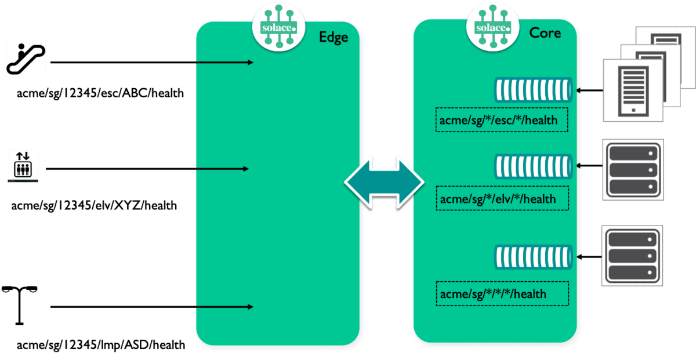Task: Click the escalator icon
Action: click(26, 58)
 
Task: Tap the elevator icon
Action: click(23, 165)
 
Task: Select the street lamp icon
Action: click(20, 304)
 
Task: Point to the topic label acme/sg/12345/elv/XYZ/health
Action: click(94, 205)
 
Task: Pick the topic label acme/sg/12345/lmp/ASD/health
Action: click(101, 345)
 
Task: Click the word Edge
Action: click(333, 38)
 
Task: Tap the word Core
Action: click(545, 33)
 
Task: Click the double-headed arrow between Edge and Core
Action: click(385, 181)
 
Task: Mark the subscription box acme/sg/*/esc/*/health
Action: click(502, 120)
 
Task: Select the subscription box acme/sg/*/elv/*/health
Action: click(502, 199)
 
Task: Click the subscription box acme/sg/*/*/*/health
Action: click(502, 293)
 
